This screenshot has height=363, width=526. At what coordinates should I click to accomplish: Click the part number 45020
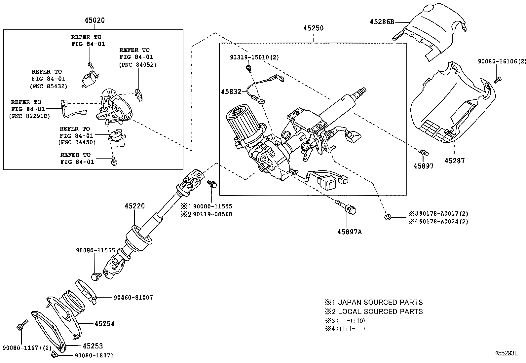94,20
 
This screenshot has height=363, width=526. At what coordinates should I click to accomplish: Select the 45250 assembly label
314,28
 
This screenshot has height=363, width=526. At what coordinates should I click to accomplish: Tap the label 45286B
382,22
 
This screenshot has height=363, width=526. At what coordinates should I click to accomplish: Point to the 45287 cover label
454,161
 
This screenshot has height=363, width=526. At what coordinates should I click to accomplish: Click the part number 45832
231,91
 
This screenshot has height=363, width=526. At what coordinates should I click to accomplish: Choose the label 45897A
349,232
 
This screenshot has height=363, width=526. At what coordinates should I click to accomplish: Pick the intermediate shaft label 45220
134,206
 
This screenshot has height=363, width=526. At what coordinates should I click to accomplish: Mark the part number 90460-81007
133,297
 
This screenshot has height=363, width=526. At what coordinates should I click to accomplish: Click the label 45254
104,324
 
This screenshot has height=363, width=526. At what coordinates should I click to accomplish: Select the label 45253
93,346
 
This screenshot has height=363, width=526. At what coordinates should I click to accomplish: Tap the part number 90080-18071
94,355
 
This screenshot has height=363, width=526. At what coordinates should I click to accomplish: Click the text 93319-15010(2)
254,57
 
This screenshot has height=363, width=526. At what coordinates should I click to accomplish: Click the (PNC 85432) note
49,86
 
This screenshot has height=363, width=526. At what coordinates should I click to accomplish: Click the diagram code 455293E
506,353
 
